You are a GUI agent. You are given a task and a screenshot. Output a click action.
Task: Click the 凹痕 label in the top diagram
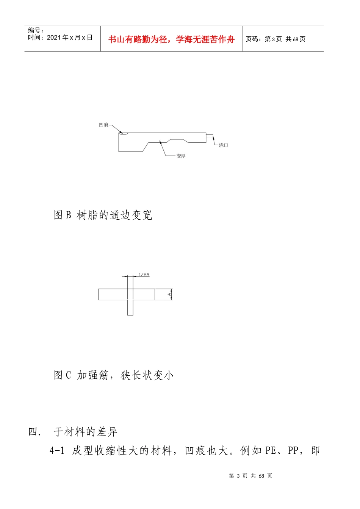(103, 125)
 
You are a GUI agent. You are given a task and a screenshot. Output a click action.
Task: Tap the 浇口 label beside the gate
(224, 145)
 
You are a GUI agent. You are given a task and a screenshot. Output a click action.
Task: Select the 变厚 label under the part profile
(181, 156)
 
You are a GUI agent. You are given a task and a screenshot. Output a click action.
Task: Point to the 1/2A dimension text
(144, 275)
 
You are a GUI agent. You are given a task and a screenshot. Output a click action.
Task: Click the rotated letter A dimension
(169, 294)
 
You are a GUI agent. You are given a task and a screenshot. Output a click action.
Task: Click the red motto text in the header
(171, 39)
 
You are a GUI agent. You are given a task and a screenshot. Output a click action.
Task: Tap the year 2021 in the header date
(54, 37)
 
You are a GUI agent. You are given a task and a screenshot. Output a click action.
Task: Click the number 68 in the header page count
(296, 39)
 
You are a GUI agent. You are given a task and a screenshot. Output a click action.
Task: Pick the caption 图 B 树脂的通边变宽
(103, 215)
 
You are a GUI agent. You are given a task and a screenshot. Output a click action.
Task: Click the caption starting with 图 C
(113, 375)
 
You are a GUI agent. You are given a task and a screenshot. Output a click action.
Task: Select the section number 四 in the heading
(33, 432)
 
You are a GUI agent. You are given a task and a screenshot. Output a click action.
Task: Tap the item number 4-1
(57, 451)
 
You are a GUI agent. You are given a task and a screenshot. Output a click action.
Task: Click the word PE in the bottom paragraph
(271, 451)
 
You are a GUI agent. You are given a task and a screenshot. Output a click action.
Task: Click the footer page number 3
(238, 476)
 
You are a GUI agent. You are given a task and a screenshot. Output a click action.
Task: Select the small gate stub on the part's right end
(210, 137)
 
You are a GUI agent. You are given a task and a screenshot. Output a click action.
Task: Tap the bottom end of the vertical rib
(130, 314)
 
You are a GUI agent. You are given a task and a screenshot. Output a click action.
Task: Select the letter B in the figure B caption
(69, 215)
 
